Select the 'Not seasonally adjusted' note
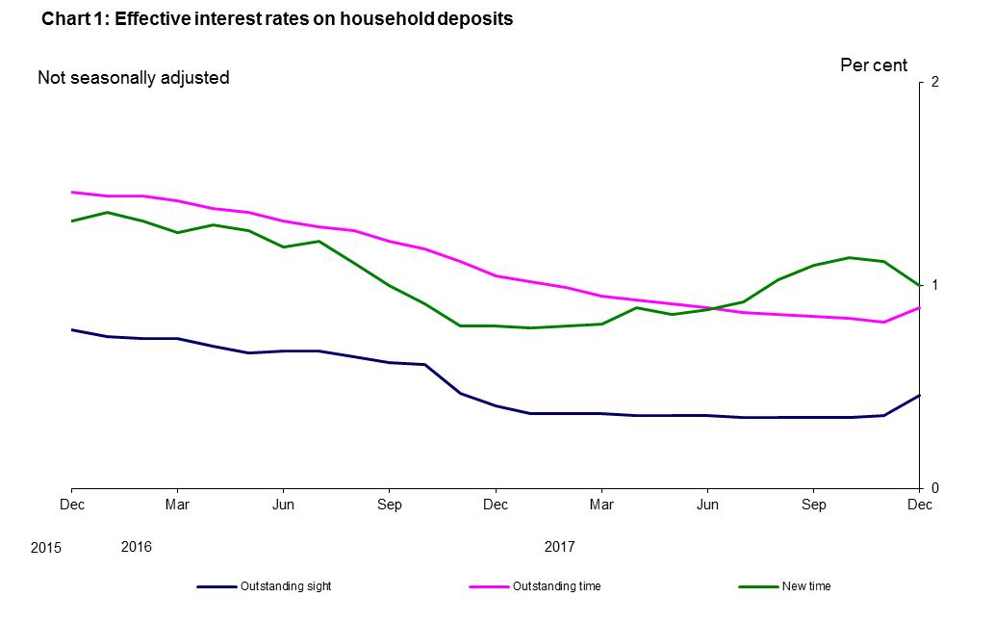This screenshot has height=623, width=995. click(133, 78)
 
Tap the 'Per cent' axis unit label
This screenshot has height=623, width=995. click(873, 65)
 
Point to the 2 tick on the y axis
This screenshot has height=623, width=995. click(933, 82)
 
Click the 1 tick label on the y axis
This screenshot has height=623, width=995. click(933, 285)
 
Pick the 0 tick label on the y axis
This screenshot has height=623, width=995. click(933, 488)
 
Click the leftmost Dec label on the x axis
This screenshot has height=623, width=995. click(71, 505)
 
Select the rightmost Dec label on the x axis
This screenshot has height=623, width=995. click(920, 505)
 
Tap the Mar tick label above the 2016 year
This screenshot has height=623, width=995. click(176, 505)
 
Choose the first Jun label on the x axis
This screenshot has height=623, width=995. click(283, 505)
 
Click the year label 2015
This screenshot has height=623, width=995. click(45, 548)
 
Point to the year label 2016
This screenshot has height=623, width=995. click(136, 547)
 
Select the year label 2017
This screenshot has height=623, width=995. click(559, 547)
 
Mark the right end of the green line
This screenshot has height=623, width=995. click(920, 285)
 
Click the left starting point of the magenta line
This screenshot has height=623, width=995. click(71, 192)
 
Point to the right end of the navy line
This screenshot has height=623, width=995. click(920, 395)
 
